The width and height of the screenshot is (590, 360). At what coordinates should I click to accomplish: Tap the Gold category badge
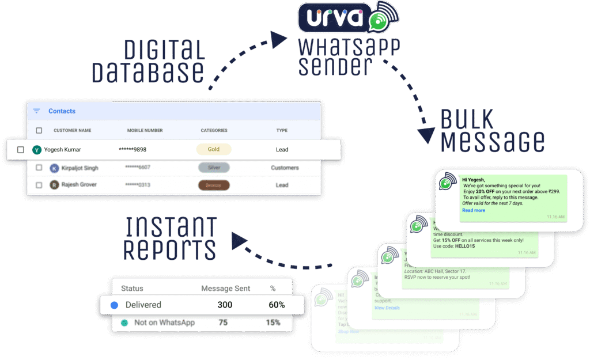click(x=214, y=149)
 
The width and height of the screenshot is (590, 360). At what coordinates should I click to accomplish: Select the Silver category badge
click(x=214, y=168)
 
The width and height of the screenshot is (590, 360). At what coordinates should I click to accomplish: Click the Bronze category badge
click(x=214, y=185)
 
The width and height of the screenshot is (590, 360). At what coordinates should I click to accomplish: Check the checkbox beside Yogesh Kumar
click(x=21, y=150)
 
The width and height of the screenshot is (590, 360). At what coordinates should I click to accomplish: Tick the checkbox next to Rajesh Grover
click(x=39, y=185)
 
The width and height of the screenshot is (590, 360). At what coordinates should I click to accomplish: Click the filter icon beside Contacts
click(x=37, y=111)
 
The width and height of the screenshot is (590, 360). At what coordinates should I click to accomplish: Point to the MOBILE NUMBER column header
click(x=145, y=131)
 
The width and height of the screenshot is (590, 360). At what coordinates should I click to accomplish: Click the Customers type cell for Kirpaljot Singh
click(x=285, y=168)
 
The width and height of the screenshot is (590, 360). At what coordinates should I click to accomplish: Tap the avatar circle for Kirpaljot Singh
click(x=54, y=168)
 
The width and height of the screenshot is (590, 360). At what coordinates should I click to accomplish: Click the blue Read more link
click(x=474, y=210)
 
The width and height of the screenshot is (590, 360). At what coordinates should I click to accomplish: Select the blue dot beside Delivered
click(x=114, y=305)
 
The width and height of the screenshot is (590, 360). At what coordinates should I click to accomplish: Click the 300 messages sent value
click(x=225, y=305)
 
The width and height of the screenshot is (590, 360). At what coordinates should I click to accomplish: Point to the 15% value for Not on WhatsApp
click(x=273, y=323)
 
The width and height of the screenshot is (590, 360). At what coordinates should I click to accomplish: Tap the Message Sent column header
click(x=225, y=288)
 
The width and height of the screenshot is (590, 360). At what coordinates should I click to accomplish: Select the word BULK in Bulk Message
click(x=467, y=120)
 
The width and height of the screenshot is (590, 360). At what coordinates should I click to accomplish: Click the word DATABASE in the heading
click(x=148, y=73)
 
